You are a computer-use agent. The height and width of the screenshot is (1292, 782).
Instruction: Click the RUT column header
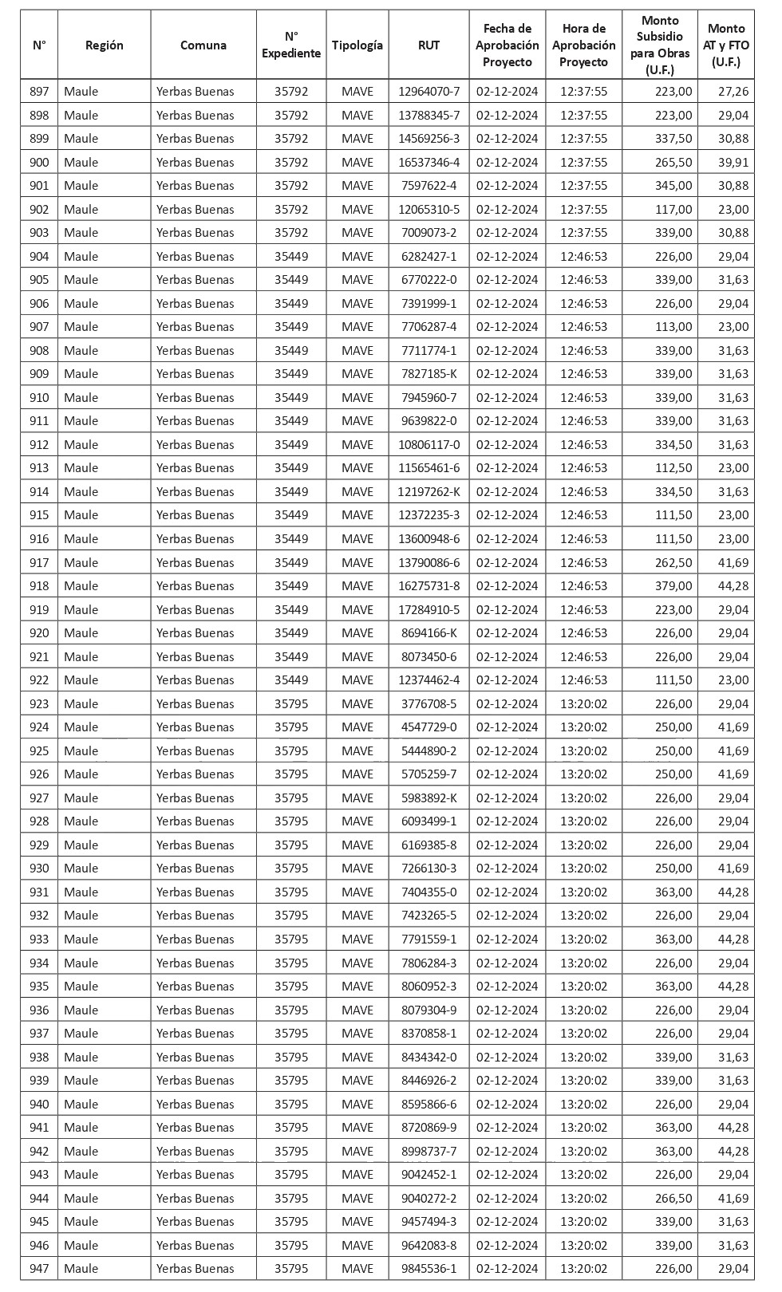(x=429, y=45)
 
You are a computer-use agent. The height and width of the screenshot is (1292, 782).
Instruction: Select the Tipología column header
(x=357, y=45)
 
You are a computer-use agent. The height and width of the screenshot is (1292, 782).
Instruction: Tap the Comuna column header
(x=203, y=45)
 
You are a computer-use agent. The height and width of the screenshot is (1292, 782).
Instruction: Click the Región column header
(x=104, y=45)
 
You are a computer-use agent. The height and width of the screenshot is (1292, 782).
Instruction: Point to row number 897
(x=39, y=92)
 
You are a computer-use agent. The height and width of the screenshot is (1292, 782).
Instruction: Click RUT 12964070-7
(x=429, y=92)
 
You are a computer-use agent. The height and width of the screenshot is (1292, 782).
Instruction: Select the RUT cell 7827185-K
(x=429, y=374)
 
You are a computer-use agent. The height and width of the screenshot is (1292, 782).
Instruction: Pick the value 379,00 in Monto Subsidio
(x=673, y=586)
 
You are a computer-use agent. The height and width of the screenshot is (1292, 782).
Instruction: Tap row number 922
(x=39, y=680)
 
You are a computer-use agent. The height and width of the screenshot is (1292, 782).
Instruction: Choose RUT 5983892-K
(x=429, y=798)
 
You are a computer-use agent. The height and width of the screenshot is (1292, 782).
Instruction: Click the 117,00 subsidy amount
(x=673, y=210)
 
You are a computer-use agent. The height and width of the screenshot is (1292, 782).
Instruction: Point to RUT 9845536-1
(x=429, y=1269)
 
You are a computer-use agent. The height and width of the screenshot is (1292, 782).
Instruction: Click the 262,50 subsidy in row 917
(x=673, y=563)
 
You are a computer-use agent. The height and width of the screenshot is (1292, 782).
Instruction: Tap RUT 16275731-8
(x=429, y=586)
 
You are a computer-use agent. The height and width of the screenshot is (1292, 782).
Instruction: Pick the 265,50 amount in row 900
(x=673, y=163)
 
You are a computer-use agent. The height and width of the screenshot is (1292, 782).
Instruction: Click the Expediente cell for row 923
(x=291, y=704)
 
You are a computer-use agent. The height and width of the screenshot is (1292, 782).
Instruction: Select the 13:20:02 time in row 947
(x=583, y=1269)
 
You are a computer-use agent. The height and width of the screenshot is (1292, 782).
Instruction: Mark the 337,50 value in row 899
(x=673, y=139)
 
